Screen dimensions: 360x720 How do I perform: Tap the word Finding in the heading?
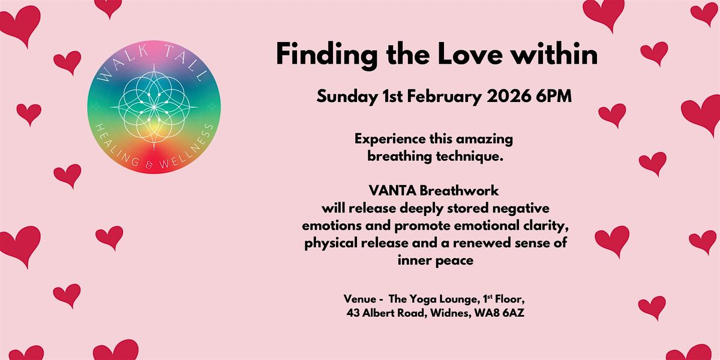pos(321,55)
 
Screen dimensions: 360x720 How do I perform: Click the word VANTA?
pos(393,191)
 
